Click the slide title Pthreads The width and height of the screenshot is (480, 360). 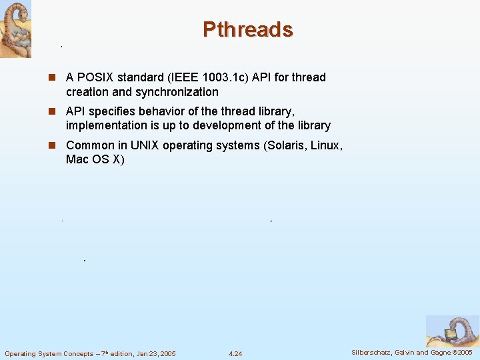click(x=247, y=29)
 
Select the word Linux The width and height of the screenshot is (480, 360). click(x=326, y=145)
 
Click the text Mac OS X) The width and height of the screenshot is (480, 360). click(x=95, y=160)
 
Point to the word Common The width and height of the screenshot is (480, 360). click(x=89, y=145)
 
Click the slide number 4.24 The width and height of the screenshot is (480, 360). click(x=235, y=353)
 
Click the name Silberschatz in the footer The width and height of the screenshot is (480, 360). click(x=374, y=353)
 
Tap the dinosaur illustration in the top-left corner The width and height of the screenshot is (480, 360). click(x=16, y=29)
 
